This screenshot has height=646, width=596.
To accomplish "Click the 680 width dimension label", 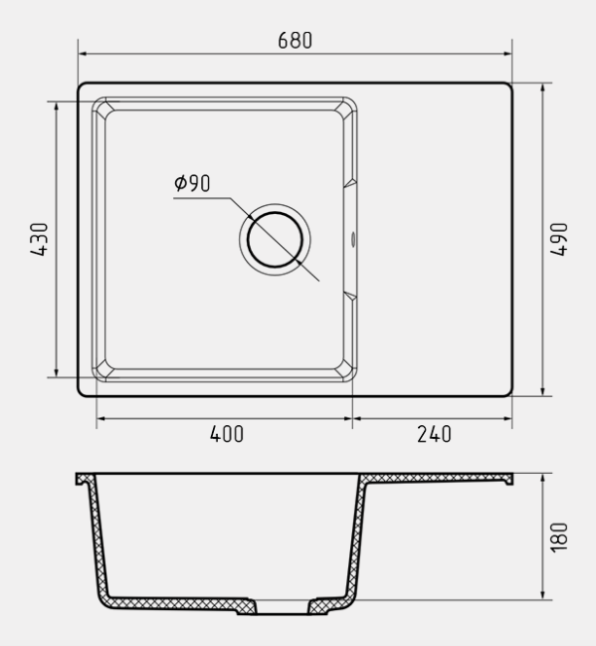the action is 295,41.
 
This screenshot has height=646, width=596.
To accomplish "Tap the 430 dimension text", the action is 40,239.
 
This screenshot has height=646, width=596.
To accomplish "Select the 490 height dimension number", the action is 559,239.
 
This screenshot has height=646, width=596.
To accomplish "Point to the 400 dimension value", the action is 227,434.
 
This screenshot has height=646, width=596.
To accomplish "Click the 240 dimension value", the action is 434,434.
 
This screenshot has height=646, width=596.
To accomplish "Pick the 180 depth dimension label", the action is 559,538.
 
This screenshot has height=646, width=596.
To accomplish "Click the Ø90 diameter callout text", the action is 192,183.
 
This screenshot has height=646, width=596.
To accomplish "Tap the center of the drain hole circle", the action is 275,239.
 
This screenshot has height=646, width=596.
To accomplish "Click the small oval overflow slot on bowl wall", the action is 353,239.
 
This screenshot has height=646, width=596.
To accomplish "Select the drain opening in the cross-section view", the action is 282,607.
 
